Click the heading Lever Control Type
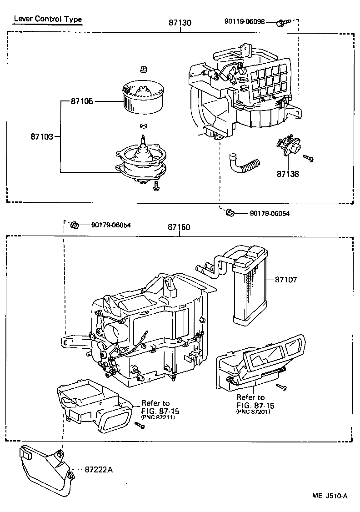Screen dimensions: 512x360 47,19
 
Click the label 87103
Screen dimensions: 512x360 42,136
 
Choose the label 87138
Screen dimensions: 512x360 288,173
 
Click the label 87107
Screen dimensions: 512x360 285,280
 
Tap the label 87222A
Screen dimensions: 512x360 98,469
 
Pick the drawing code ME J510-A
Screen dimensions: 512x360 330,496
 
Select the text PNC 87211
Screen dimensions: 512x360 160,417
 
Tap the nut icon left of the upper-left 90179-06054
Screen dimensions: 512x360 75,225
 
